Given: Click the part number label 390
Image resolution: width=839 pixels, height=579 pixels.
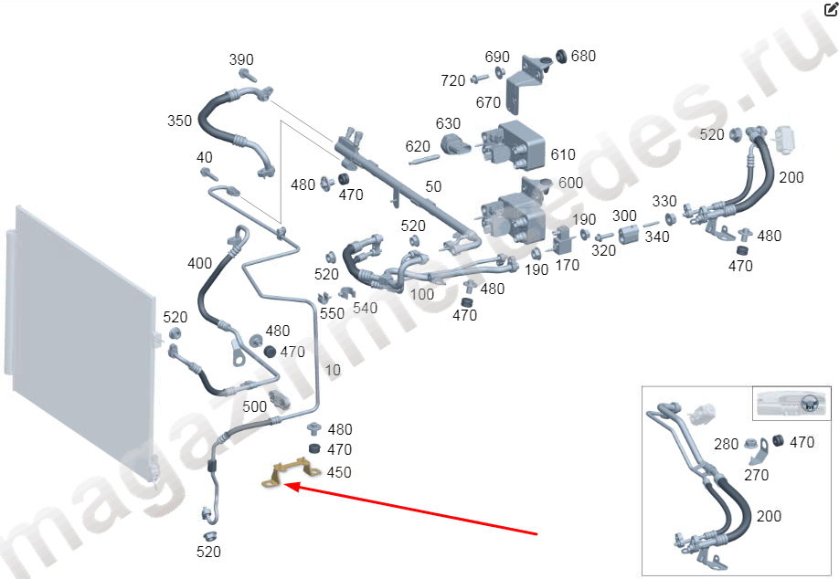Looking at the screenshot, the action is point(240,59).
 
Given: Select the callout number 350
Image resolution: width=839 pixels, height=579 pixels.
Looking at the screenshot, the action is point(179,121).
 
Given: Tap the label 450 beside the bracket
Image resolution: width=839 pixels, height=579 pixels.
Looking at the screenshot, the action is point(339,473).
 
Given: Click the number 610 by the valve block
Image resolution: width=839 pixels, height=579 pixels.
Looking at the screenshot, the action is point(563,155).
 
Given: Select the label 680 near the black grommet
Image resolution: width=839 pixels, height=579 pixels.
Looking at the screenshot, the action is point(583,56).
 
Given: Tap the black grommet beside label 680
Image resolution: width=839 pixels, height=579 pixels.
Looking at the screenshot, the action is point(561,56).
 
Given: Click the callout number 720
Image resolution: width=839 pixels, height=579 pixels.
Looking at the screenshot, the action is point(452,80).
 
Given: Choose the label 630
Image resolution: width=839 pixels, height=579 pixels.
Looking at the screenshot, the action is point(448,124).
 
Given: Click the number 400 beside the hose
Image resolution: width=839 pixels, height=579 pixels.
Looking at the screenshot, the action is point(199,264).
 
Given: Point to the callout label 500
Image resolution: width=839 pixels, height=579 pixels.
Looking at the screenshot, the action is point(254,406).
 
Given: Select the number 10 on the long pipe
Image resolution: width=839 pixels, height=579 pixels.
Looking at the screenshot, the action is point(333,370).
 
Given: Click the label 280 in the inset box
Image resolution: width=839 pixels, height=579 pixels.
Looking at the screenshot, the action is point(726,444).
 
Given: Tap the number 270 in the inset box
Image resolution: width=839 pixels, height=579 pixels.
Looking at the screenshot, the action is point(756,475).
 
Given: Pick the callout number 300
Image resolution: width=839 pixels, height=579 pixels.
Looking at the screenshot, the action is point(624,216).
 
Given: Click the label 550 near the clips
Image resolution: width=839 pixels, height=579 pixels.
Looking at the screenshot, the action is point(332,313).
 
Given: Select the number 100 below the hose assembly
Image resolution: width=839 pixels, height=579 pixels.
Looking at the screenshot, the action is point(422,295).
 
